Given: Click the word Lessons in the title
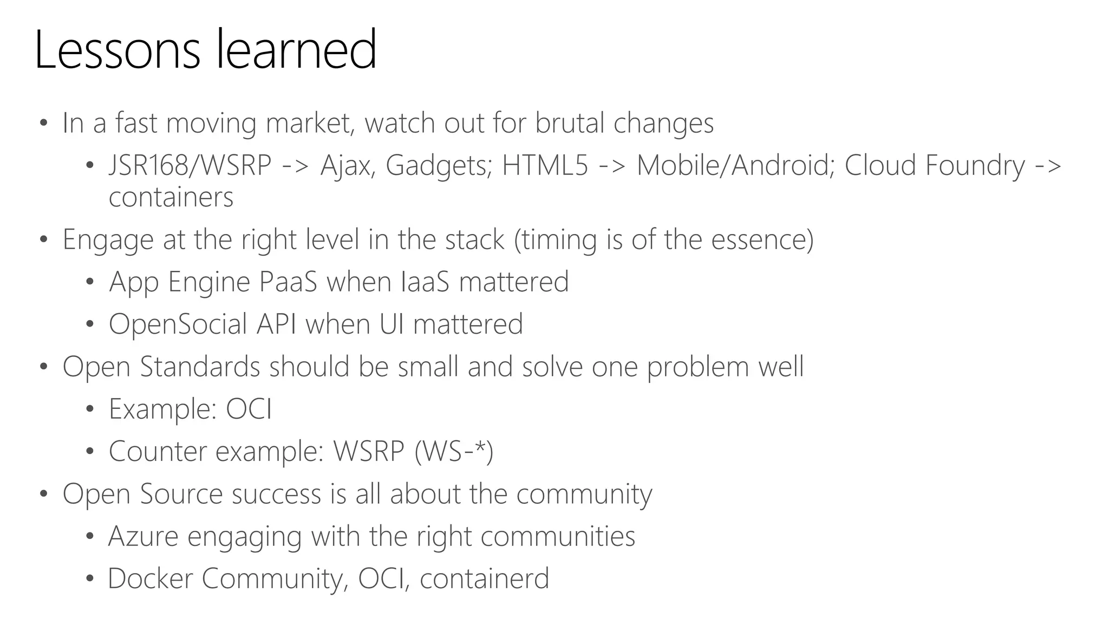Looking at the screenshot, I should (x=117, y=50).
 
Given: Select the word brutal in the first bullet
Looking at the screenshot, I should (x=569, y=123).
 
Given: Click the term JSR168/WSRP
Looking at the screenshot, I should (x=190, y=165).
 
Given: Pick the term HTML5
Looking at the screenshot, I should (x=545, y=165).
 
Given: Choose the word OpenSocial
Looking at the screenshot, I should (x=178, y=324).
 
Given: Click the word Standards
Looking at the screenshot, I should (x=200, y=367).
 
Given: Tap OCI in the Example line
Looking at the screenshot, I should (x=249, y=409).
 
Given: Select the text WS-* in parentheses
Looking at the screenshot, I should (x=454, y=451).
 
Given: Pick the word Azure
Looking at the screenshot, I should (x=143, y=536).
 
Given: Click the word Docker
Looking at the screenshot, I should (x=150, y=578).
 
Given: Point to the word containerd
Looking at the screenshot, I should (x=484, y=578).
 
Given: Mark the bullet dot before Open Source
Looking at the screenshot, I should (x=44, y=493).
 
